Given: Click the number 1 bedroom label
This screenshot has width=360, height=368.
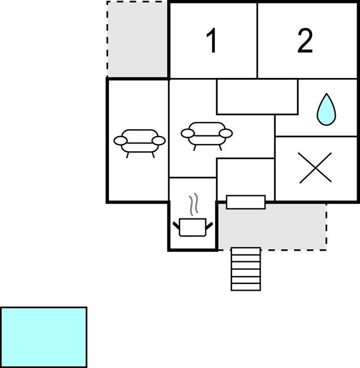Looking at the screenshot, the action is [x=212, y=41].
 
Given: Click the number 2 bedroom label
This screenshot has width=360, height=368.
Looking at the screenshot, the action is [x=305, y=41].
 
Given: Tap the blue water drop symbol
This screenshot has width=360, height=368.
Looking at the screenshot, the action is [x=326, y=109].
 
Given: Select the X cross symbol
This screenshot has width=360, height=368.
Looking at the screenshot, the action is [x=315, y=168].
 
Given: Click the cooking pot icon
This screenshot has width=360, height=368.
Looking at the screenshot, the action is [x=192, y=227].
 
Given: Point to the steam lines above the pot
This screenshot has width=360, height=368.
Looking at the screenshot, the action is [x=194, y=204].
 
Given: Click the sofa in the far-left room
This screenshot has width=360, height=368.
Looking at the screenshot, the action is [x=139, y=143].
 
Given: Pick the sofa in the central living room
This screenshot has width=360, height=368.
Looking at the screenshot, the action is [x=207, y=136].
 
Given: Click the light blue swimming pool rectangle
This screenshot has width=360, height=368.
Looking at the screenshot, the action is [x=43, y=338].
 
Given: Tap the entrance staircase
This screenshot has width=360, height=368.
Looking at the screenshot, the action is [x=245, y=269].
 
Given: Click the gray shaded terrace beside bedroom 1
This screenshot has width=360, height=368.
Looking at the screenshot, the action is [x=138, y=39].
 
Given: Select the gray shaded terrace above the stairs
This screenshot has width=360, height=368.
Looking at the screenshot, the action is [x=272, y=227].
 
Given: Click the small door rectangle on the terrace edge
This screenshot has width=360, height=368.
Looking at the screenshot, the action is [x=245, y=202].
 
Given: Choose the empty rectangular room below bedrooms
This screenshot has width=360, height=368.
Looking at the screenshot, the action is [x=257, y=97].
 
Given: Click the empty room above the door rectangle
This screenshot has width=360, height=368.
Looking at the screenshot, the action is [x=245, y=177].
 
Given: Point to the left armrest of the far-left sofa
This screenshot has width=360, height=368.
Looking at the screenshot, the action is [x=121, y=141].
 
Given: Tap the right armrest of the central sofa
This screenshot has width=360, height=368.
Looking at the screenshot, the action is [x=226, y=133].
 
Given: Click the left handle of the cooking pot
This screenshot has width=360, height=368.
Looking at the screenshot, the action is [x=176, y=225].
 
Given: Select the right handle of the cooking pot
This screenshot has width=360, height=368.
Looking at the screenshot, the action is [x=209, y=225].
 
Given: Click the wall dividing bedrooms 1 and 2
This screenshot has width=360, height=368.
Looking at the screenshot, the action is [x=257, y=41].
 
